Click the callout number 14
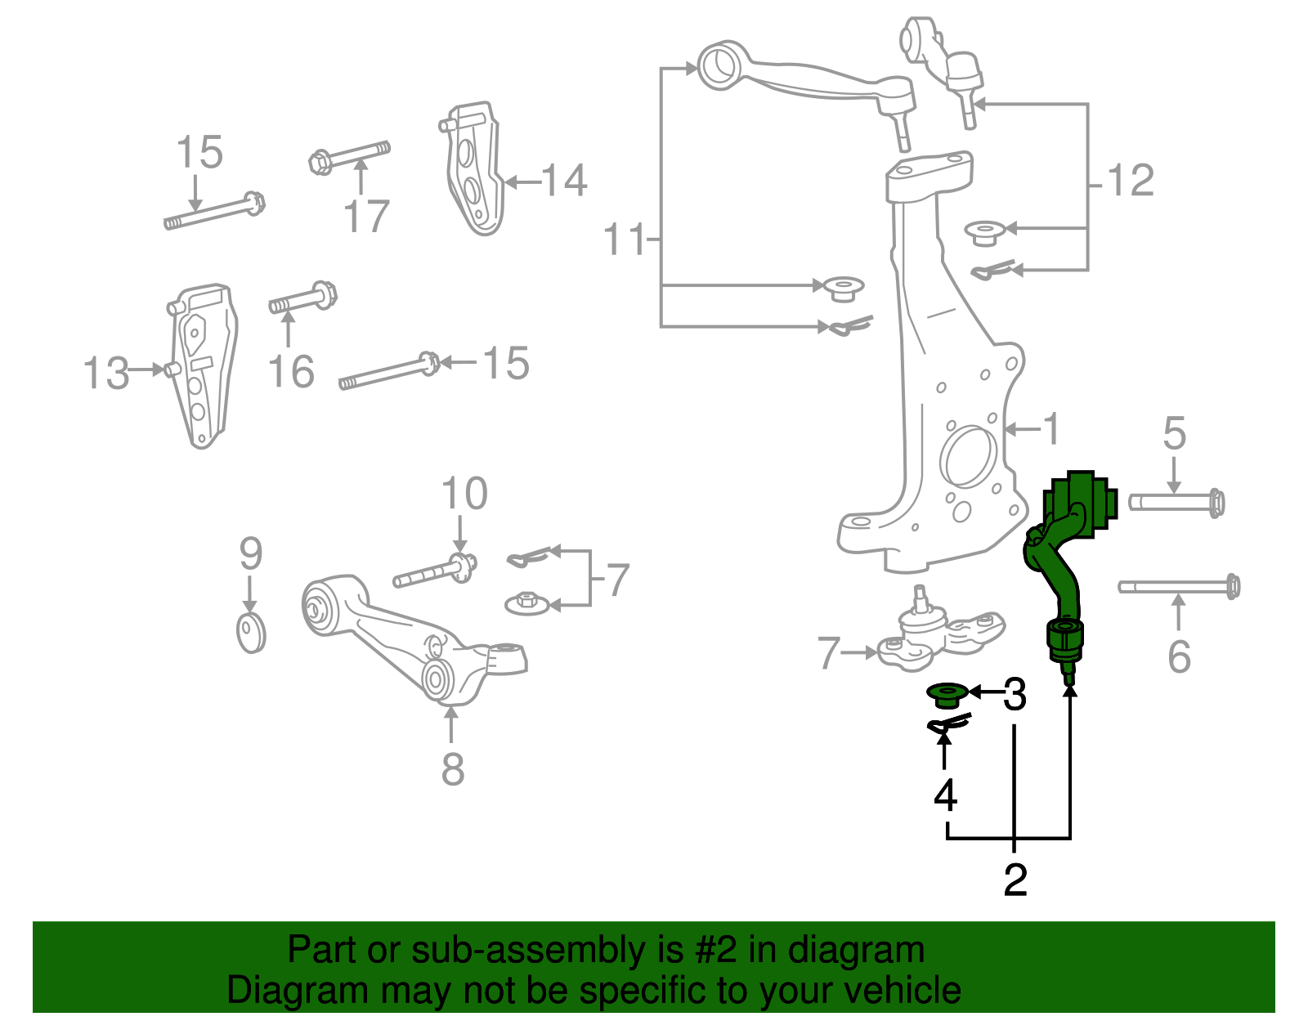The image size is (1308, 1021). point(564,181)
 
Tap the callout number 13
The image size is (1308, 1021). point(106,374)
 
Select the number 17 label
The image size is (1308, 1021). point(366,217)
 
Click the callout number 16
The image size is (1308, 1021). point(291,372)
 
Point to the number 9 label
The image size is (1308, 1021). point(250,554)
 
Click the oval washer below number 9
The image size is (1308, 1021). point(251,632)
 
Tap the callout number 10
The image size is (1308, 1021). point(464,495)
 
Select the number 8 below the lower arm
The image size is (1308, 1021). point(453,769)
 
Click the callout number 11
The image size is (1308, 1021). point(624,240)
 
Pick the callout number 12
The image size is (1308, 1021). point(1131,181)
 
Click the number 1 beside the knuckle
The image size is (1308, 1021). point(1052,429)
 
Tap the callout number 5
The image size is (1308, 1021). point(1174,433)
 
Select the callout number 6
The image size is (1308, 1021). point(1178,656)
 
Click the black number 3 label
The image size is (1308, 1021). point(1014,694)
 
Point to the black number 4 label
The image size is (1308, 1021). point(945,795)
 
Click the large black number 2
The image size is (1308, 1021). point(1015,880)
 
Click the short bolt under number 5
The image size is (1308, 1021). point(1176,501)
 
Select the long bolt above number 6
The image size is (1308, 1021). point(1178,586)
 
